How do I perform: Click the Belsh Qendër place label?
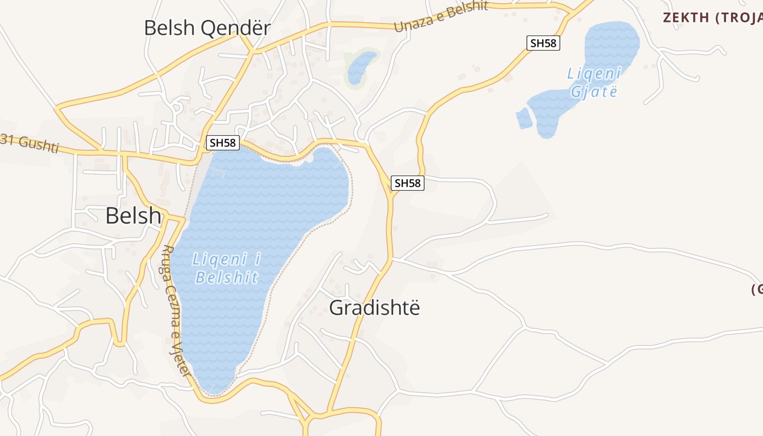tap(207, 28)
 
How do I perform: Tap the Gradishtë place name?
tap(374, 308)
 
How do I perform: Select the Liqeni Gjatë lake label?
tap(594, 82)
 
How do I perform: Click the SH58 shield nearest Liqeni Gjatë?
tap(543, 43)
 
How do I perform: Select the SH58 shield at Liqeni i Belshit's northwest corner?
tap(223, 143)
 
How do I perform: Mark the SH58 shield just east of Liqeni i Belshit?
tap(408, 183)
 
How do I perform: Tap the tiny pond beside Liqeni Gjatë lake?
tap(524, 118)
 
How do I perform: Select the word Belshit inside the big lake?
tap(226, 277)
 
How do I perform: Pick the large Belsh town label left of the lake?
tap(133, 216)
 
